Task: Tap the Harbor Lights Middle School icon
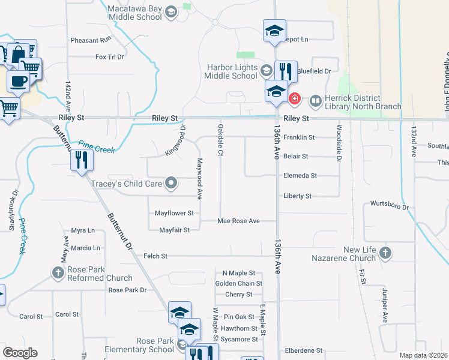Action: click(266, 72)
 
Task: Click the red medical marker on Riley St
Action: click(295, 98)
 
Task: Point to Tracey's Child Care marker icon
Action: click(171, 182)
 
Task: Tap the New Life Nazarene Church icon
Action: click(385, 254)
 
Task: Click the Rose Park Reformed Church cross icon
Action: click(58, 274)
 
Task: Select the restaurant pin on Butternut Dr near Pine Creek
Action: click(81, 160)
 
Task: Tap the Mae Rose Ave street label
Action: click(238, 221)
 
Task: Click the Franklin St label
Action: click(299, 137)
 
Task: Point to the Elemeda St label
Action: click(300, 176)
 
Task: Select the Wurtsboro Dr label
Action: click(389, 205)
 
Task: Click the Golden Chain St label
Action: click(238, 283)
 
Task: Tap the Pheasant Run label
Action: click(91, 40)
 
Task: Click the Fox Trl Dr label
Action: click(109, 57)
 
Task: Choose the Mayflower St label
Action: click(174, 213)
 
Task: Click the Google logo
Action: click(20, 353)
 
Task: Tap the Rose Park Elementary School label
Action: click(139, 345)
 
